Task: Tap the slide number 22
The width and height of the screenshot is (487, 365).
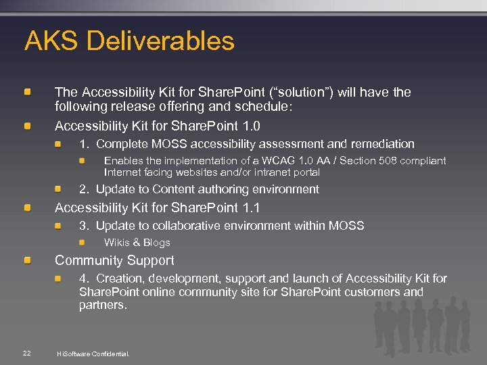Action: (x=26, y=353)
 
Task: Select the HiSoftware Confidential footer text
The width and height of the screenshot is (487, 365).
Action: (x=93, y=354)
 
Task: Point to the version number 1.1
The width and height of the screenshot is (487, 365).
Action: (x=251, y=208)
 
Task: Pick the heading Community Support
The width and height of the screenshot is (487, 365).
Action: (x=114, y=260)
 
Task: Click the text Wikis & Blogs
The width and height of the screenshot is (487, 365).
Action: (x=137, y=243)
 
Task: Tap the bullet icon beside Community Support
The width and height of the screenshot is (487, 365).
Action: (x=28, y=260)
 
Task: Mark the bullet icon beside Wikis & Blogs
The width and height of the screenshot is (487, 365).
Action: (x=82, y=242)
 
